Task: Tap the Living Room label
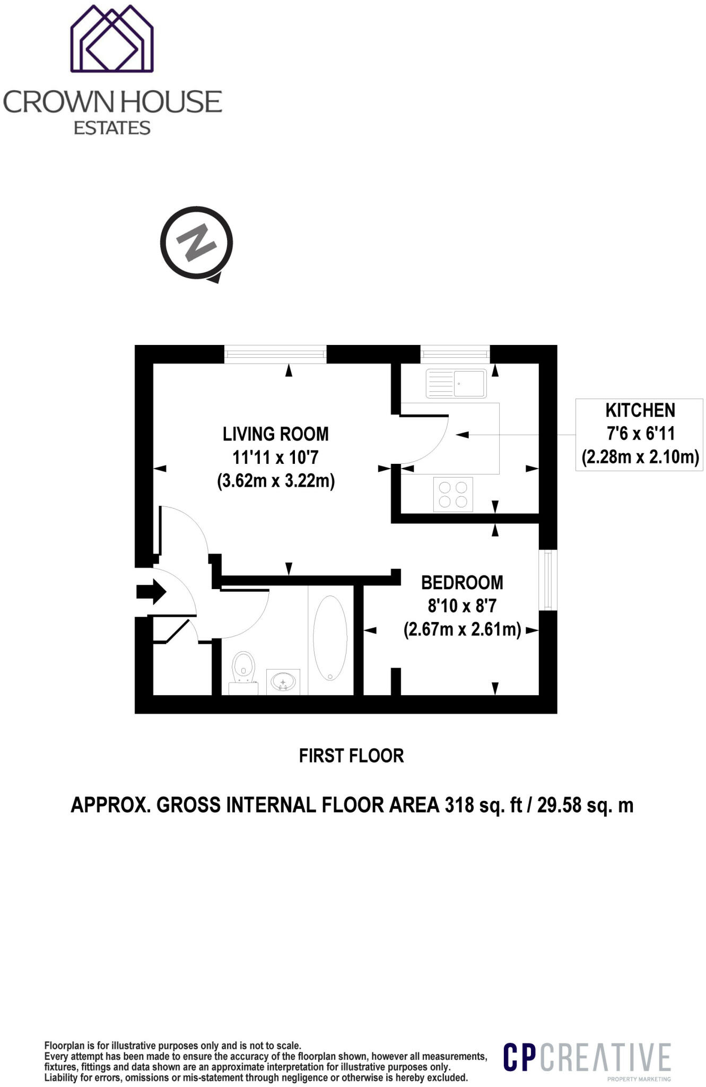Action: (x=276, y=434)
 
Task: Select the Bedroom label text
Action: (x=462, y=583)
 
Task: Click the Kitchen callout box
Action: (x=639, y=435)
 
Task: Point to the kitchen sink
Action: (x=456, y=383)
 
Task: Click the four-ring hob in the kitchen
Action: (x=453, y=495)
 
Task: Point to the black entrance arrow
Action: (x=152, y=591)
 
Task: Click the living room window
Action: (x=275, y=354)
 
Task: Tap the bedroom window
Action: (x=548, y=580)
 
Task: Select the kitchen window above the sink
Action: (x=455, y=354)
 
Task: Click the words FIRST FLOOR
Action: (x=351, y=756)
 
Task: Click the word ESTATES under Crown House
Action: (x=112, y=128)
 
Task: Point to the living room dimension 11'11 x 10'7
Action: (x=275, y=458)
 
